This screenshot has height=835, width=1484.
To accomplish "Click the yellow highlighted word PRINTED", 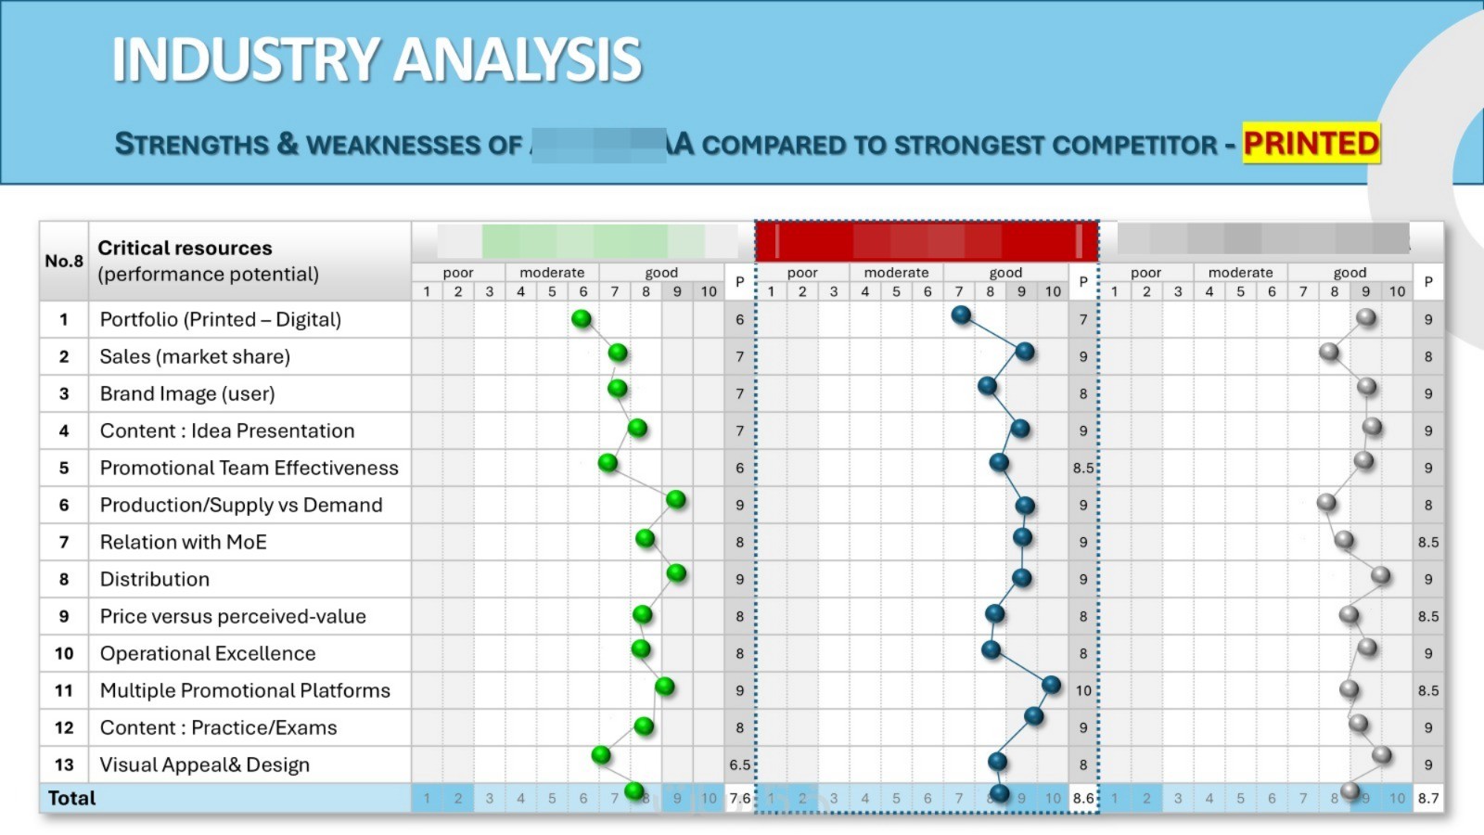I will coord(1311,143).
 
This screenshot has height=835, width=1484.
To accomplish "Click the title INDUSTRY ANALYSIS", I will coord(377,59).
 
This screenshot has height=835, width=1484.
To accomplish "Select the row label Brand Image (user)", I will coord(187,393).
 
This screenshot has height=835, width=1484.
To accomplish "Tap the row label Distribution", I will coord(155,579).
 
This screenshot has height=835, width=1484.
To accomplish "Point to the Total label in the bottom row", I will coord(71,798).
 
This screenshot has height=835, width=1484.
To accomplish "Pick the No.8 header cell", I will coord(64,261).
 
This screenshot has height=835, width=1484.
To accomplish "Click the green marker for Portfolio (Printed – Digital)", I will coord(582,319).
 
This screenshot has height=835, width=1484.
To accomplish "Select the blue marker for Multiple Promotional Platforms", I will coord(1051,685).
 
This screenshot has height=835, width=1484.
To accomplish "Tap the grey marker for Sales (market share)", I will coord(1329,352).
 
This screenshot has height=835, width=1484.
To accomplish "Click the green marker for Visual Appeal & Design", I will coord(601,755).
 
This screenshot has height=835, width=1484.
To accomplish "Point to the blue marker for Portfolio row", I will coord(961,315).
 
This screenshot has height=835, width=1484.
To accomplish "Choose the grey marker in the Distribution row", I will coord(1381,575).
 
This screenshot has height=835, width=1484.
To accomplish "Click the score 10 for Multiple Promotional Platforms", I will coord(1083,690).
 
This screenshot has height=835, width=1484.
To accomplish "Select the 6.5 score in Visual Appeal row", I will coord(739,764).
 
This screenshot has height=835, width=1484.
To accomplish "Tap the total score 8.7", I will coord(1428,798).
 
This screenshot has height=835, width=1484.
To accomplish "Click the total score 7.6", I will coord(739,798).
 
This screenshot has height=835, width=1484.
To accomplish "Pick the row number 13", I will coord(64,764).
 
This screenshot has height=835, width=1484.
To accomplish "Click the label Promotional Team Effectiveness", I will coord(249,468).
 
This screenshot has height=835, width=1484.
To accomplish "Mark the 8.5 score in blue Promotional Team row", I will coord(1083,468).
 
